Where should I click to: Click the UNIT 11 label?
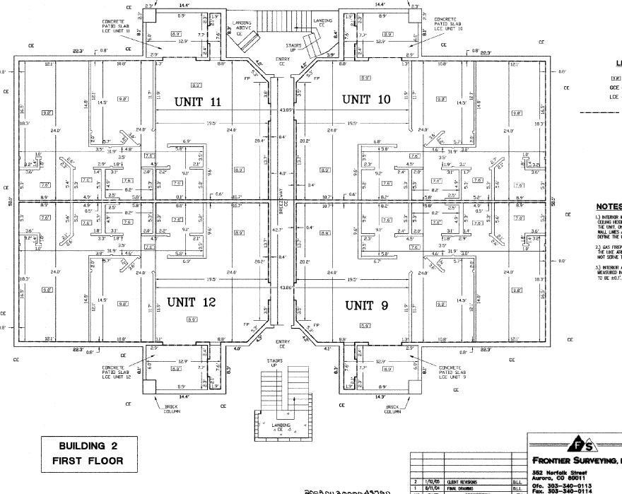pyautogui.click(x=198, y=102)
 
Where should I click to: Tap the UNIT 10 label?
pyautogui.click(x=366, y=99)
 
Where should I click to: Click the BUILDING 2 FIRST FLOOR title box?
pyautogui.click(x=81, y=454)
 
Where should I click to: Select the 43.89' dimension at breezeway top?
pyautogui.click(x=286, y=110)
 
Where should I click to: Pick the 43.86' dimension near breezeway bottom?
pyautogui.click(x=286, y=287)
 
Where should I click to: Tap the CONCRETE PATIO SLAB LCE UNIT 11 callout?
pyautogui.click(x=113, y=28)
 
